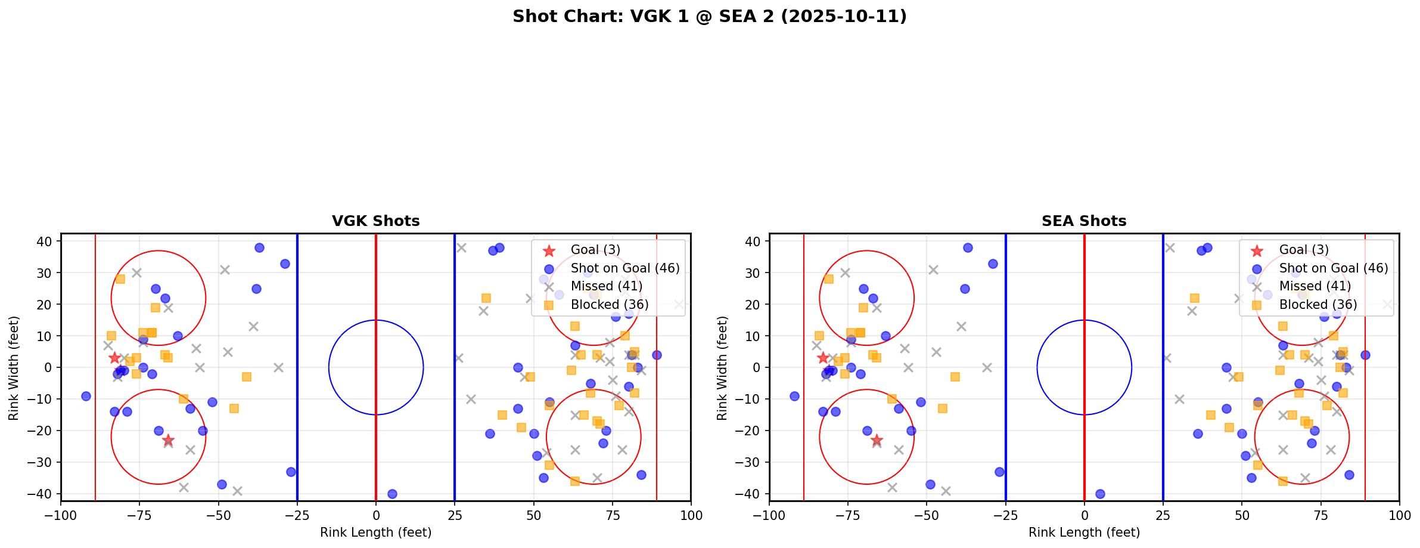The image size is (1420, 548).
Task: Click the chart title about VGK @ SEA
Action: tap(709, 16)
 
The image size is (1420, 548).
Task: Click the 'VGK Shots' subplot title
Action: tap(375, 221)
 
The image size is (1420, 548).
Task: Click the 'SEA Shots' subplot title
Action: tap(1083, 221)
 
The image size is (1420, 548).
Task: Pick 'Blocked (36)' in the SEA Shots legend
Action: tap(1318, 305)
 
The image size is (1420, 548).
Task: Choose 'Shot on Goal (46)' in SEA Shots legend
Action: tap(1333, 268)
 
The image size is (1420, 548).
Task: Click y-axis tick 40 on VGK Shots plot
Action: tap(48, 242)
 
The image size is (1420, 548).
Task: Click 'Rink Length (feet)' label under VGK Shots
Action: tap(375, 532)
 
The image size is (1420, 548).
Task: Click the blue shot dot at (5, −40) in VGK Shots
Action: tap(392, 494)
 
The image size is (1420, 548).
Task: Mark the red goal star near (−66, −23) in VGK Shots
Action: tap(168, 440)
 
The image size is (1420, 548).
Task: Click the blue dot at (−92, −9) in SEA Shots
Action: tap(794, 396)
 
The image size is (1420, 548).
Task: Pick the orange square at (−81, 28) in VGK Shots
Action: tap(120, 279)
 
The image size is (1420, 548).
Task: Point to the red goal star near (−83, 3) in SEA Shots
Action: tap(823, 358)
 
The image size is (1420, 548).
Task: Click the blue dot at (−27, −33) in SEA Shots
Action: tap(999, 472)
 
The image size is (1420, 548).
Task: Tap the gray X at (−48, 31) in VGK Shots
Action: tap(225, 270)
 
